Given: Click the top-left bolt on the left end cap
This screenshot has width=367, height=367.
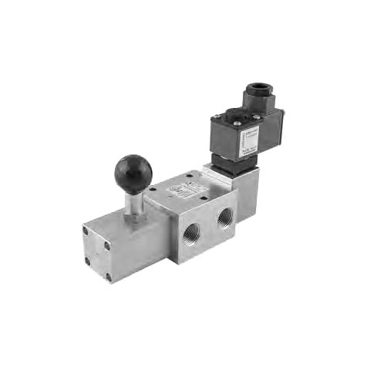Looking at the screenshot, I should point(89,229).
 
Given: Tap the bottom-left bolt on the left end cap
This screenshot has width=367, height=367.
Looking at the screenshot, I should point(89,261).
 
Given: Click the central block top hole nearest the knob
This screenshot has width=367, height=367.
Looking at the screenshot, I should point(154,188).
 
